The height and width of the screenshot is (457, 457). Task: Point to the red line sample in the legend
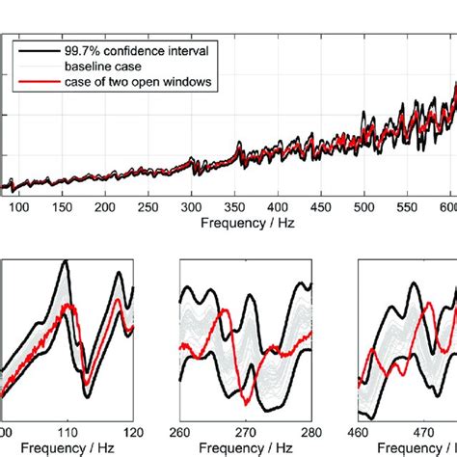pyautogui.click(x=32, y=82)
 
